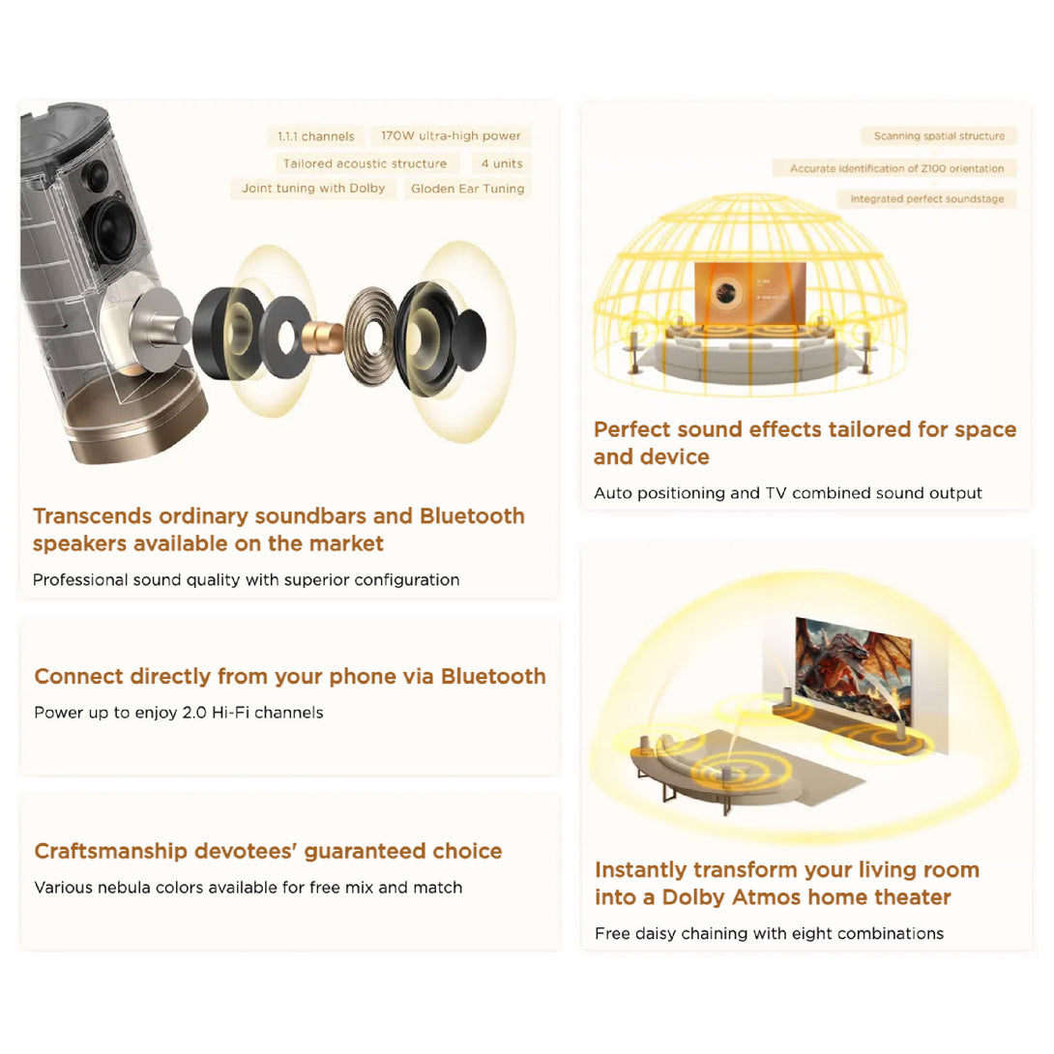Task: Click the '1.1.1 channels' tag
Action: pyautogui.click(x=316, y=136)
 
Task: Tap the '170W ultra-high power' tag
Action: pyautogui.click(x=451, y=135)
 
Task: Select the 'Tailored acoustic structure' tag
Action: pyautogui.click(x=365, y=163)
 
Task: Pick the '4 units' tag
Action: pyautogui.click(x=502, y=163)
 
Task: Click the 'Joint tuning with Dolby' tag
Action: pyautogui.click(x=314, y=189)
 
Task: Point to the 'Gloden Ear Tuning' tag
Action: pyautogui.click(x=468, y=189)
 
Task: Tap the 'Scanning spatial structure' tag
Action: pyautogui.click(x=939, y=135)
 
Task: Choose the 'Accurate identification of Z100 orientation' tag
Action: pyautogui.click(x=896, y=168)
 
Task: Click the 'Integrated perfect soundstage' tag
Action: pyautogui.click(x=927, y=199)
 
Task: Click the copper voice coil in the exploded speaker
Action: pyautogui.click(x=323, y=337)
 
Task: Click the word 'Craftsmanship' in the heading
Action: pyautogui.click(x=111, y=852)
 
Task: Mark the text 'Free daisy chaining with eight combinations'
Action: pyautogui.click(x=769, y=934)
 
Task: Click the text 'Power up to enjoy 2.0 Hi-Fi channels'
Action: pyautogui.click(x=179, y=713)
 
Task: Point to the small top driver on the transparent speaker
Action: pyautogui.click(x=96, y=175)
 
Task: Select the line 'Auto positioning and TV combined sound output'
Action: pyautogui.click(x=788, y=493)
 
